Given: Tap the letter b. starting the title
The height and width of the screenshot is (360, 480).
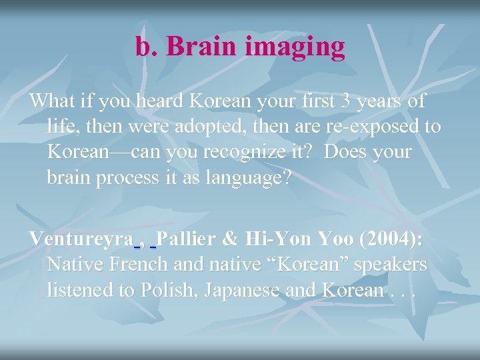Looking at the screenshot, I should coord(146,47).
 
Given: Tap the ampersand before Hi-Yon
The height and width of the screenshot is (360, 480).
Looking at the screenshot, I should coord(233,239).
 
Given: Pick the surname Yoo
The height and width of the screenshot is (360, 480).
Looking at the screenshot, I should coord(333,239).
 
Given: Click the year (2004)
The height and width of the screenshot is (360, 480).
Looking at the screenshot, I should coord(389,239).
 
